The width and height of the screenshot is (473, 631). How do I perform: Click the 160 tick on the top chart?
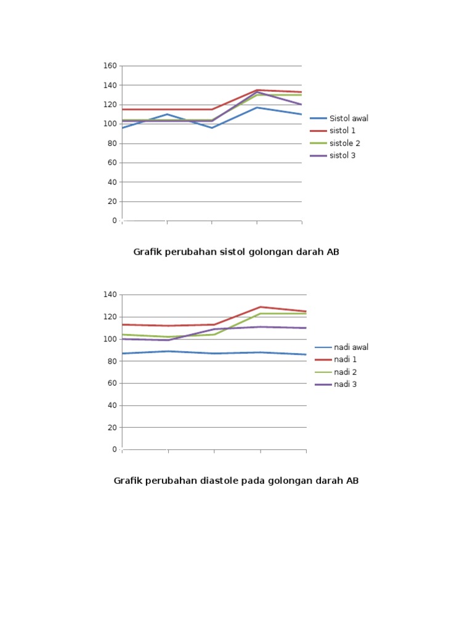(x=110, y=65)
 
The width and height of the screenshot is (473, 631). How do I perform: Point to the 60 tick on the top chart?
(x=112, y=163)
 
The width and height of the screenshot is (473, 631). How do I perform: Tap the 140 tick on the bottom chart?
(x=110, y=295)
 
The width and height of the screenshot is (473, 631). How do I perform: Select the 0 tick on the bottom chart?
(x=115, y=449)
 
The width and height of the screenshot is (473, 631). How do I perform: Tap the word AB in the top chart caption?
(x=333, y=252)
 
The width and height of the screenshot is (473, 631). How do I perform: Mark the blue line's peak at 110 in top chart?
(x=167, y=114)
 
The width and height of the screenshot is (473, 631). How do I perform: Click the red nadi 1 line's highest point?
(x=261, y=307)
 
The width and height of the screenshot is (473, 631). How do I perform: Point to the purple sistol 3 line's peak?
(x=257, y=92)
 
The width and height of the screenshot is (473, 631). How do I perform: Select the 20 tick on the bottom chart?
(x=112, y=427)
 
